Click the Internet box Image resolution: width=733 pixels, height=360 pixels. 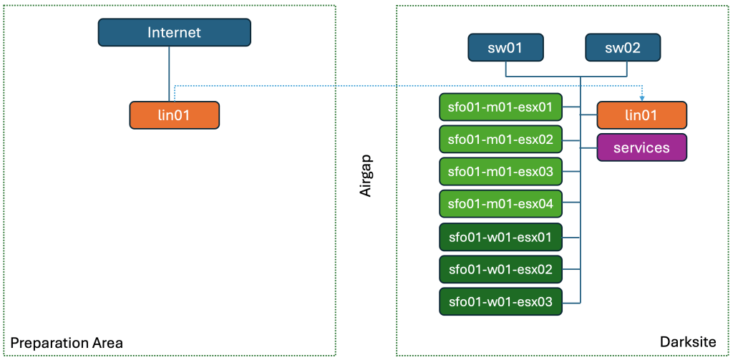point(175,32)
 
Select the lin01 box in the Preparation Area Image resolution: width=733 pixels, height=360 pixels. point(175,115)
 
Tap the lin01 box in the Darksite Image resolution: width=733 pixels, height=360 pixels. point(642,115)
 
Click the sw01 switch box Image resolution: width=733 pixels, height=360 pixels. point(506,48)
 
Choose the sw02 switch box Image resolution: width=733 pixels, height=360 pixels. point(623,48)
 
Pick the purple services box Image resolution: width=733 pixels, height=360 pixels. point(642,147)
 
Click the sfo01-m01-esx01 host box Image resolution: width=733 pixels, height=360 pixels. point(500,107)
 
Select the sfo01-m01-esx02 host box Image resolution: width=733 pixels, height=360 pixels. point(500,140)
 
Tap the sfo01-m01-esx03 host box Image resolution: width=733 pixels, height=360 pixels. point(500,172)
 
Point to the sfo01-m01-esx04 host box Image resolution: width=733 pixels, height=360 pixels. point(500,204)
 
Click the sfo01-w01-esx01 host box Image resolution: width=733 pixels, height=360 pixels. point(500,237)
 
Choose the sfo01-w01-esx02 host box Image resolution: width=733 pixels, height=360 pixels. point(500,269)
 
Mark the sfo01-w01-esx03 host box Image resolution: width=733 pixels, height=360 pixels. point(500,301)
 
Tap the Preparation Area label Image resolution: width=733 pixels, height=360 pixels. point(67,344)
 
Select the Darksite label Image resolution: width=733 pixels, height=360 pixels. point(688,342)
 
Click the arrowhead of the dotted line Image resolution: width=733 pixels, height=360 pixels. point(642,98)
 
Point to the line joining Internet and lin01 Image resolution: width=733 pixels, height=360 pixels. point(169,74)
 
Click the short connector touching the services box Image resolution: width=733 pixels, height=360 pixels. point(588,148)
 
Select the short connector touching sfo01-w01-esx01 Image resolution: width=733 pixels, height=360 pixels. point(571,237)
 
